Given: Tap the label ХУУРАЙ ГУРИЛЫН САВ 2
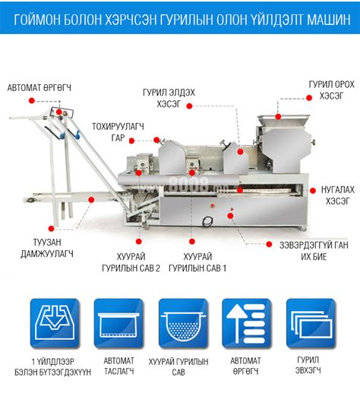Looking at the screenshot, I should coord(130,263).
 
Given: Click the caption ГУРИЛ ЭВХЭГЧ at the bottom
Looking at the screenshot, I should coord(309,367).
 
